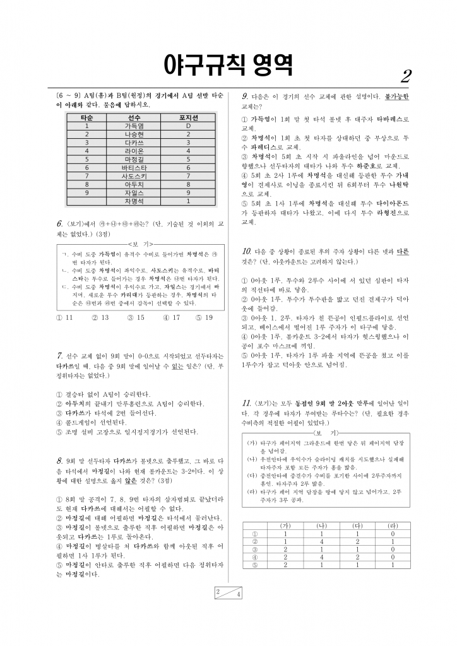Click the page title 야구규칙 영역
pos(228,63)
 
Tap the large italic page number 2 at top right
pos(406,76)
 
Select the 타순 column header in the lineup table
pos(87,118)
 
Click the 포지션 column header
pos(188,118)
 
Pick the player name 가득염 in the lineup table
pos(134,126)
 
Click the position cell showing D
pos(188,126)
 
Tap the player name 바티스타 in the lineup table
pos(134,168)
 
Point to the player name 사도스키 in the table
pos(134,176)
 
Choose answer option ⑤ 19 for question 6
pos(205,317)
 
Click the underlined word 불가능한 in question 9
pos(396,96)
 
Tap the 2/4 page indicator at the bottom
pos(228,592)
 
